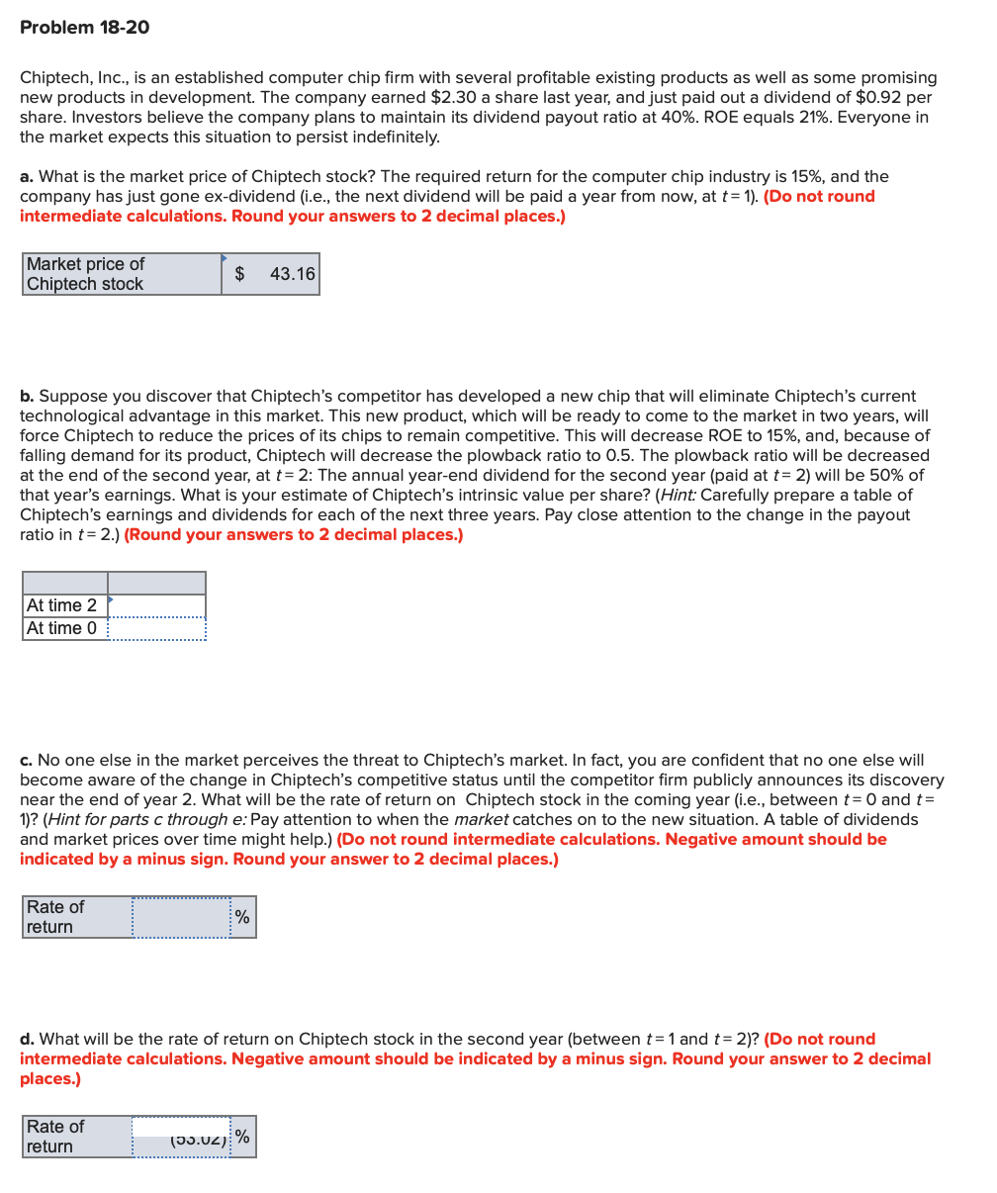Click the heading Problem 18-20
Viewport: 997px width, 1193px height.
click(x=85, y=28)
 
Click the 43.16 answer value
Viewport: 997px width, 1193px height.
click(x=292, y=274)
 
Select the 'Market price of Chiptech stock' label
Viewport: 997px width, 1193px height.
click(x=85, y=274)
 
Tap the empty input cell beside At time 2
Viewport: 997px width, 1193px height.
click(x=157, y=605)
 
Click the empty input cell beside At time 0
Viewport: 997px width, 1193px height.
click(x=157, y=629)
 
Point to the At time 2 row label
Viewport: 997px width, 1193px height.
click(x=62, y=605)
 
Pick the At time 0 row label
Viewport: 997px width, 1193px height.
click(x=62, y=629)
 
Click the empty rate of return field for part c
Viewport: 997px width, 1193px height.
click(x=181, y=917)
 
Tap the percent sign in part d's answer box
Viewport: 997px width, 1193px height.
click(x=242, y=1138)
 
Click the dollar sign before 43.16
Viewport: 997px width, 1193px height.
click(x=239, y=274)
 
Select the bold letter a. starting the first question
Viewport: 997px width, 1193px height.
click(x=27, y=177)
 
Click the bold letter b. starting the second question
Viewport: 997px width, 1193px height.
click(x=27, y=396)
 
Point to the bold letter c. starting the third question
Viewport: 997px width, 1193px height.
click(x=26, y=761)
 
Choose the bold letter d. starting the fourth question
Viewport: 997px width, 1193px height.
click(x=27, y=1040)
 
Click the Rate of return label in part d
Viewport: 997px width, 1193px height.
click(x=55, y=1137)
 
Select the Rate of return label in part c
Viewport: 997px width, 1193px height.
click(x=55, y=917)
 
